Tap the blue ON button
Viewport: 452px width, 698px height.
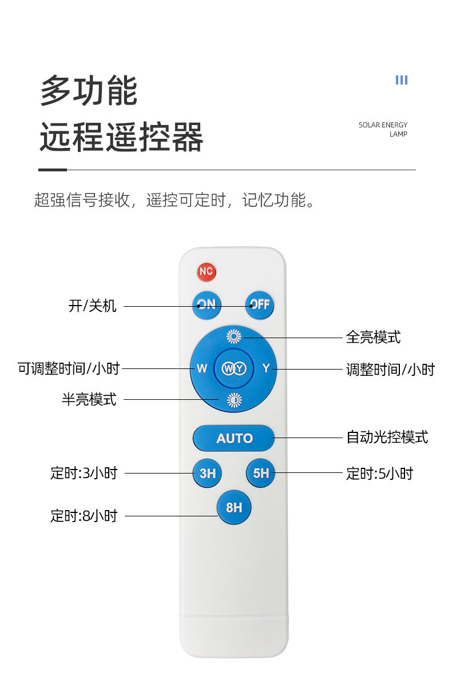click(207, 304)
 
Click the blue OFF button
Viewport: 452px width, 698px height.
click(260, 304)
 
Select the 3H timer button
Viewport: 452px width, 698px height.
click(207, 473)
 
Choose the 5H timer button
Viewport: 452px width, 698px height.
click(261, 473)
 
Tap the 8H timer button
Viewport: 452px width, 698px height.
click(234, 507)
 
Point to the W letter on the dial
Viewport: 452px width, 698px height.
click(202, 368)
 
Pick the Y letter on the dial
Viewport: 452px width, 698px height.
click(266, 368)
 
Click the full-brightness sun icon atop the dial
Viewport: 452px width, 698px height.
click(234, 336)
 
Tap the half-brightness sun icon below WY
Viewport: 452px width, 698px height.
click(234, 400)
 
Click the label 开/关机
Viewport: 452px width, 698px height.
click(93, 306)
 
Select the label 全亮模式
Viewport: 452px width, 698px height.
click(373, 337)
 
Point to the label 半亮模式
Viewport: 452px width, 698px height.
click(89, 399)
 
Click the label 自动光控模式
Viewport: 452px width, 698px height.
click(387, 438)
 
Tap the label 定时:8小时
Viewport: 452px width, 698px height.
click(84, 516)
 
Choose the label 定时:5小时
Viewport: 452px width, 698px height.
click(379, 474)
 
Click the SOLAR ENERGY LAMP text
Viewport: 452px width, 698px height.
click(383, 130)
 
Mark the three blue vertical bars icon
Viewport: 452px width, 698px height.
click(402, 80)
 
